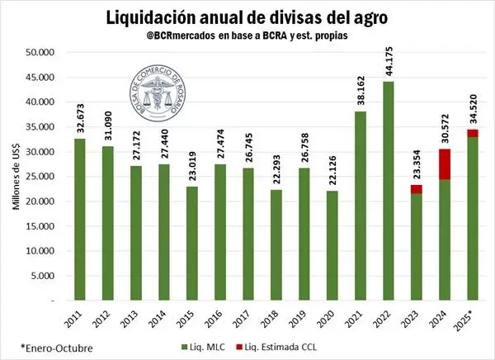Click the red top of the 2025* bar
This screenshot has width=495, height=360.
click(x=473, y=133)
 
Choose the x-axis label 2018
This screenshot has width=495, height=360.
click(x=271, y=316)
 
